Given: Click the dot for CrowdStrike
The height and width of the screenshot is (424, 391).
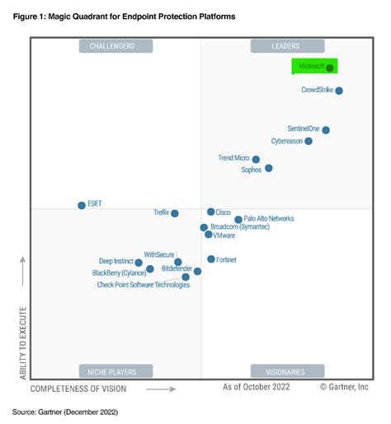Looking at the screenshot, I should tap(339, 91).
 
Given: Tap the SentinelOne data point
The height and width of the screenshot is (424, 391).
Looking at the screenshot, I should tap(326, 130).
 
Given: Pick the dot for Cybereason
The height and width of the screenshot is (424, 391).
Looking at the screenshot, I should tap(309, 142).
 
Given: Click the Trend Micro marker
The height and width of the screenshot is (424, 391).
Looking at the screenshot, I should tap(256, 160).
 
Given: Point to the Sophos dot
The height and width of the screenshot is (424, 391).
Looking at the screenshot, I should tap(268, 169).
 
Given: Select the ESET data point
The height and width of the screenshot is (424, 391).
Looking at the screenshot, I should tap(81, 205).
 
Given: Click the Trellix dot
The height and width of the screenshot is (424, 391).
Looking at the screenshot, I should tap(174, 213).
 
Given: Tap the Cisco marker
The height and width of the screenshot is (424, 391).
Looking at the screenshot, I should tap(210, 212).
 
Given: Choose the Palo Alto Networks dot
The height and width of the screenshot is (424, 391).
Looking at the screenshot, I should tap(238, 220).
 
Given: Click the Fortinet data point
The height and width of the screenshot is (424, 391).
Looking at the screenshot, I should tap(210, 259).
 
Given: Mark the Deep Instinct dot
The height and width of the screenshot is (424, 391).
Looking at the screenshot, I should tap(139, 263).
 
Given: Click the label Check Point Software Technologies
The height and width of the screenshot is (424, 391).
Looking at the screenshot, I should tap(143, 285).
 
